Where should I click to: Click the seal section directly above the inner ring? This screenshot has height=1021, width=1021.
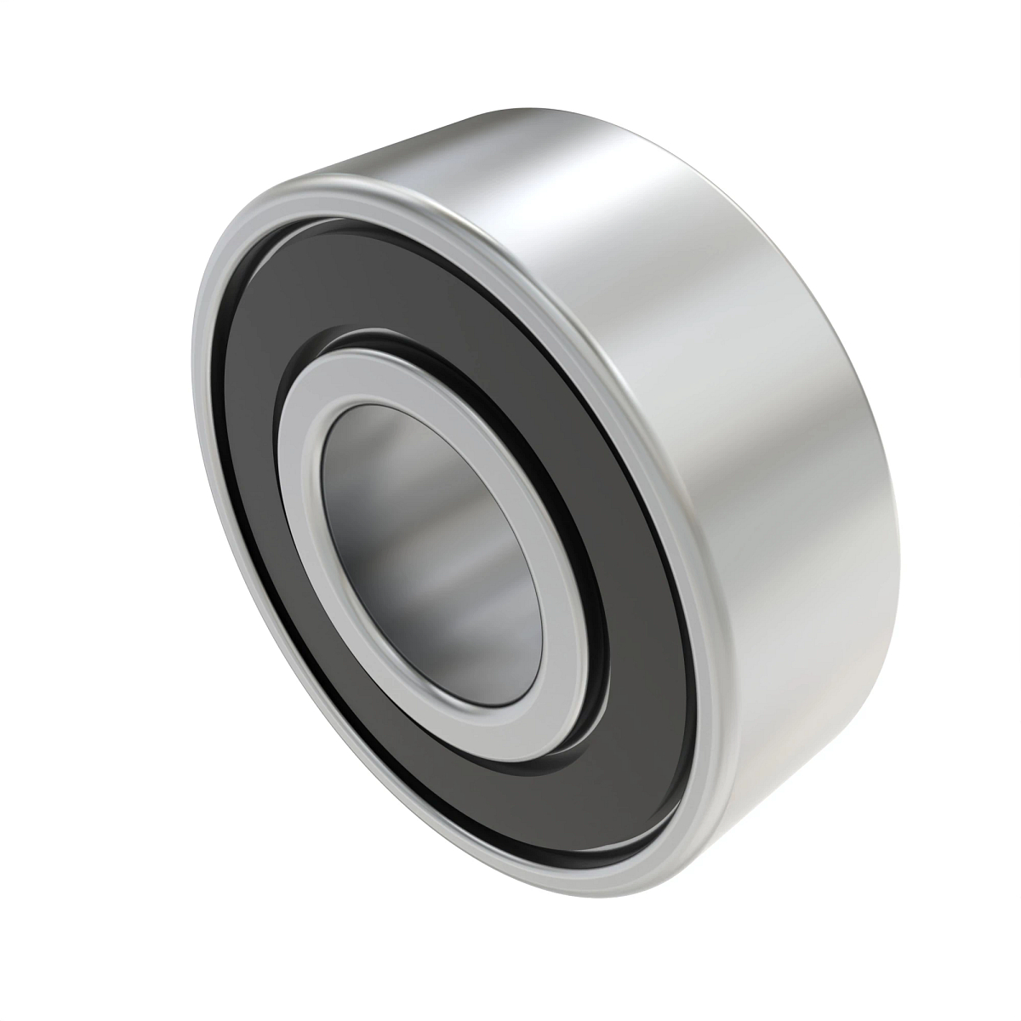408,289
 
